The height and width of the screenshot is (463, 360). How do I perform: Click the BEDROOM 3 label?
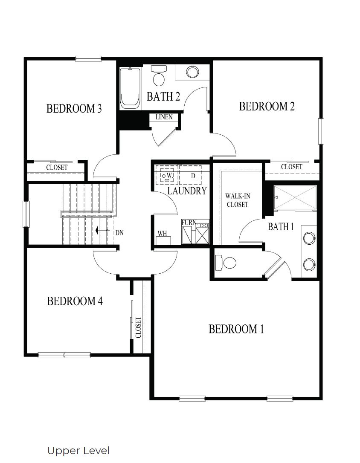74,109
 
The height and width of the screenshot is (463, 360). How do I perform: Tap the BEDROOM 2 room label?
267,106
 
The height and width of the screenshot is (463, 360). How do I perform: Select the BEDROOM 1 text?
236,329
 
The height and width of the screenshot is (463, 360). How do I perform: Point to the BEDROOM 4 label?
75,301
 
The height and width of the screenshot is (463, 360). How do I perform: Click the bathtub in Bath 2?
130,88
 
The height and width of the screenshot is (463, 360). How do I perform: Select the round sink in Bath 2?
192,72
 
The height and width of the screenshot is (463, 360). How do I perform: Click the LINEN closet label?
164,117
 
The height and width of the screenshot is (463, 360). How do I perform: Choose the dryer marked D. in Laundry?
193,175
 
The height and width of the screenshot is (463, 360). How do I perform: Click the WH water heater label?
162,234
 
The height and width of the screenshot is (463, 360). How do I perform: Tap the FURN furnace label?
188,223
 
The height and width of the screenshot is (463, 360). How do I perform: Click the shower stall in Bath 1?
295,198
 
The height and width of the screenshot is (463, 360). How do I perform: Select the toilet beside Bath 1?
226,263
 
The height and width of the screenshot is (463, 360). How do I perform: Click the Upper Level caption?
78,451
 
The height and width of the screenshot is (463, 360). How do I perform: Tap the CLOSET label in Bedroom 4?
138,327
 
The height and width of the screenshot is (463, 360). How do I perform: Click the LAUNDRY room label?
187,191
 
